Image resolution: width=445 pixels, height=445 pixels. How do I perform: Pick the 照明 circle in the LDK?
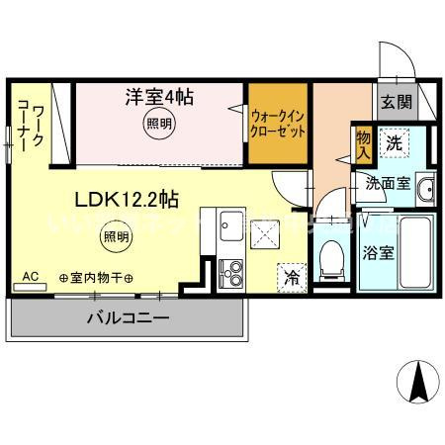(117, 236)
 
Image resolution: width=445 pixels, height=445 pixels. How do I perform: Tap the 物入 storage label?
(364, 148)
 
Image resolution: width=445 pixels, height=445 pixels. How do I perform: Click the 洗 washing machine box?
(395, 144)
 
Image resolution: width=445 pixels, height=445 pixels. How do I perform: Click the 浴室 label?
(381, 250)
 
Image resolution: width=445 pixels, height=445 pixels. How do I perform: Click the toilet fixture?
(331, 258)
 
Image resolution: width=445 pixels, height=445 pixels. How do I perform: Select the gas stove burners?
(232, 268)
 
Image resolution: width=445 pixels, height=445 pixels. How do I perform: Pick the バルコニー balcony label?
(128, 318)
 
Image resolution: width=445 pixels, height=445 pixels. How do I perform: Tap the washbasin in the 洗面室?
(425, 190)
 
